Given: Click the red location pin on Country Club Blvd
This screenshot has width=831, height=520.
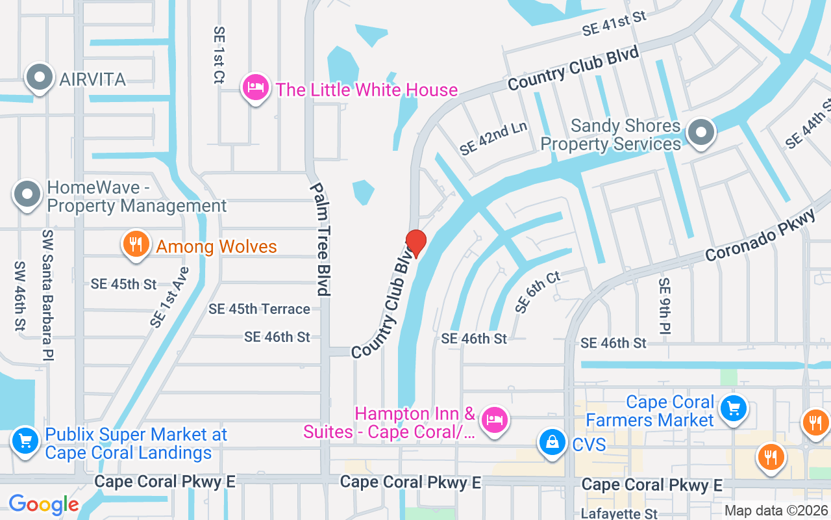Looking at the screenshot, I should [x=415, y=243].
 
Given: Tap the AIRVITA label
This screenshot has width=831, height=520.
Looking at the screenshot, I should [x=92, y=79].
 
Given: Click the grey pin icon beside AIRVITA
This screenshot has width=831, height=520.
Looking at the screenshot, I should [x=40, y=77].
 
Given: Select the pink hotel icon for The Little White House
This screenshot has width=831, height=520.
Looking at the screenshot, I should [x=256, y=88].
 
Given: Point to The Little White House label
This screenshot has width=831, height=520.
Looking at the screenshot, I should [x=367, y=90].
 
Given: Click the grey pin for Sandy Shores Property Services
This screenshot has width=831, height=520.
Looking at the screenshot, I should [x=701, y=133].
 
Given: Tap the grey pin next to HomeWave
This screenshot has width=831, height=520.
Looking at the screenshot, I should [x=28, y=194].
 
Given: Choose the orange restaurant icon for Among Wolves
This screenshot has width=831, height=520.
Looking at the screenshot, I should [x=135, y=244].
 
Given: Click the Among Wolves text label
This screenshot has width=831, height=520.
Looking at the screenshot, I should [x=216, y=247].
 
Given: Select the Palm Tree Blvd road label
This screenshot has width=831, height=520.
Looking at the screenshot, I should [x=319, y=239].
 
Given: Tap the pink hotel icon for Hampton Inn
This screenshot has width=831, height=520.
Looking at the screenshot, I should [x=495, y=419].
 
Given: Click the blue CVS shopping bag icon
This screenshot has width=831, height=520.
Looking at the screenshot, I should [x=551, y=443].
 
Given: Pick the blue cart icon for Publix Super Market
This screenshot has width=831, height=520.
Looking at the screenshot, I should [x=25, y=441].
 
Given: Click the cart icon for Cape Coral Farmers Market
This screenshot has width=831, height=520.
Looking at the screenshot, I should [x=734, y=408].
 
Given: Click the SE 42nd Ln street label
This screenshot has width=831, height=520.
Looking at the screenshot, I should [x=493, y=138].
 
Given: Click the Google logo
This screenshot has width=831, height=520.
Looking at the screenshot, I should [x=43, y=504].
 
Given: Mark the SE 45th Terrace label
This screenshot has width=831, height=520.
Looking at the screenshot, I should [x=259, y=309].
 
